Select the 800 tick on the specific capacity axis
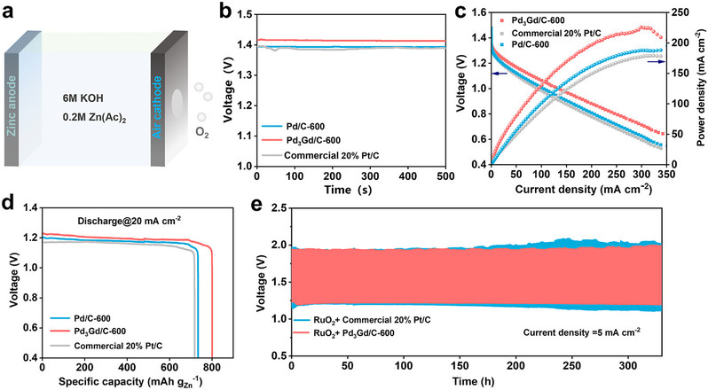pos(211,366)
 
